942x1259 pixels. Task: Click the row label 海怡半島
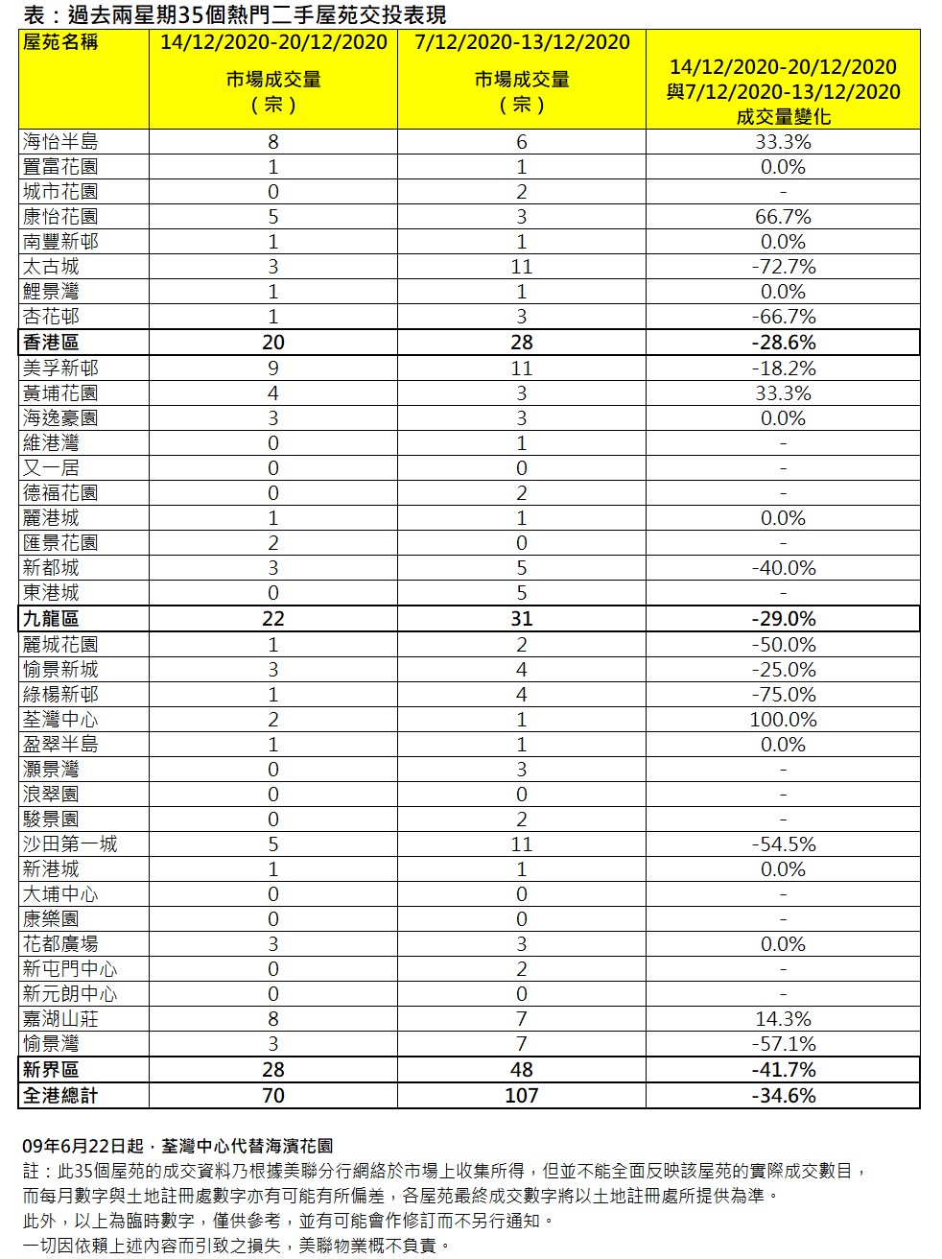click(60, 142)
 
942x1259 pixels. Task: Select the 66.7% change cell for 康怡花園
click(783, 217)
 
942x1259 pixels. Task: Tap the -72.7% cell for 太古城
click(783, 267)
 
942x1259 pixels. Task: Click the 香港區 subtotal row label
click(51, 343)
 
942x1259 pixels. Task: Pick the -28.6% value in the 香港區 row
click(783, 343)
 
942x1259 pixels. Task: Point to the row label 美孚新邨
click(60, 368)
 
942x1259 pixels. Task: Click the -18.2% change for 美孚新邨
click(783, 368)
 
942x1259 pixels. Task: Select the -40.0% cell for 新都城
click(783, 568)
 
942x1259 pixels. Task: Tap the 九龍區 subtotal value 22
click(273, 619)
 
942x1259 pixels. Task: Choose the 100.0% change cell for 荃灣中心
click(783, 720)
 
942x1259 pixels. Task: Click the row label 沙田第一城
click(70, 844)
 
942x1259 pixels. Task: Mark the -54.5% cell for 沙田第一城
click(783, 844)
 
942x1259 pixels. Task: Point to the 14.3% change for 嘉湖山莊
click(783, 1019)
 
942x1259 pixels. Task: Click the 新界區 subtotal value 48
click(522, 1070)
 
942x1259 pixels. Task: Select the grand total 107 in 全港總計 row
click(522, 1096)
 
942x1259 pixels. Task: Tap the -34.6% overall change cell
click(783, 1096)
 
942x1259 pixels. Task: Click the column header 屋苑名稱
click(60, 42)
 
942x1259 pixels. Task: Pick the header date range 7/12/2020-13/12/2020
click(522, 42)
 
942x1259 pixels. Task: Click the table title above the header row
click(234, 14)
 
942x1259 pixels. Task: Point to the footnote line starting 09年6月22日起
click(178, 1146)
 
